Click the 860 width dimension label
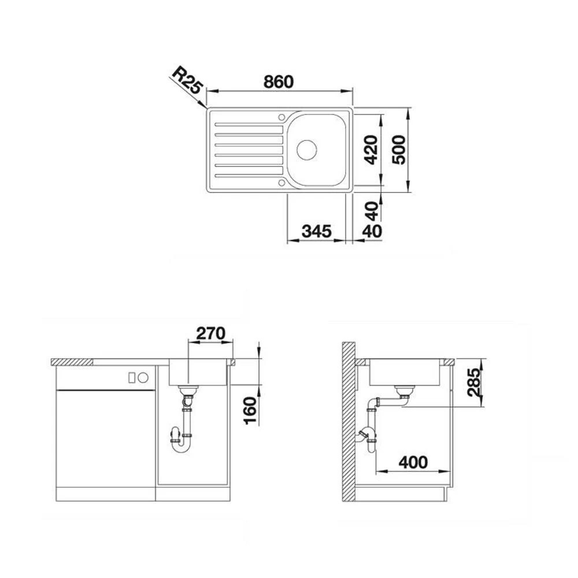279,82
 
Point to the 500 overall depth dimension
398,150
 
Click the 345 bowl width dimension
317,231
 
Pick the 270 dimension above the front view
210,334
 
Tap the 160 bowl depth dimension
251,410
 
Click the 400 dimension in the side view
413,462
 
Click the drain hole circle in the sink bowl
307,150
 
